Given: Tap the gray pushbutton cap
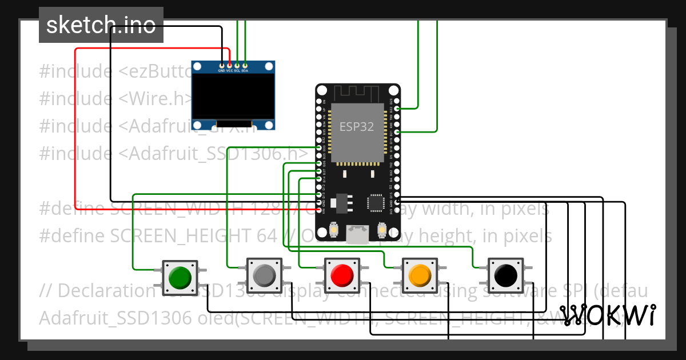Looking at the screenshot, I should click(264, 275).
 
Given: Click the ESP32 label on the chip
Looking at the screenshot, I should click(357, 126).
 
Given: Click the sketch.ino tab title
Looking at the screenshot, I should click(101, 25).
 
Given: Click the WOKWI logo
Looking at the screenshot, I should click(607, 314).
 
